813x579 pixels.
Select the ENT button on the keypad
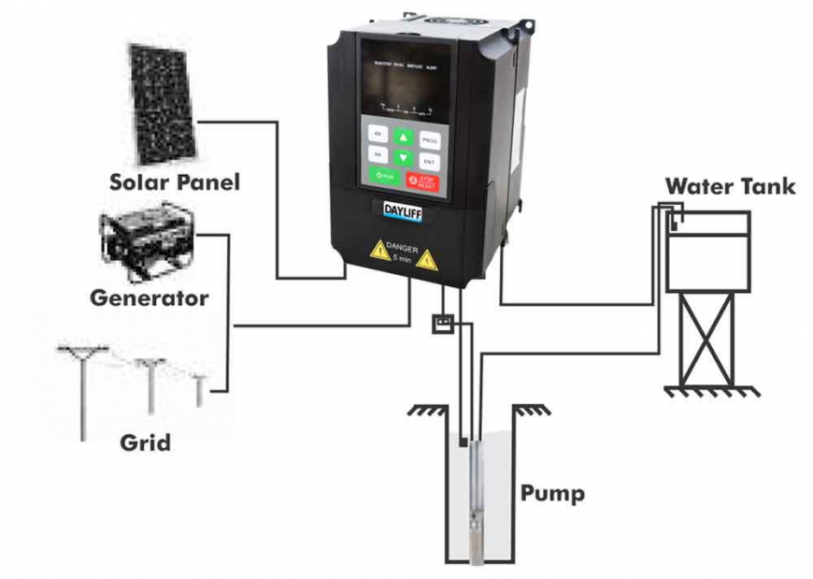click(x=429, y=161)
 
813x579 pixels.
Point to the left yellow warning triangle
click(x=379, y=250)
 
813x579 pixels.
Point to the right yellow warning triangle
click(x=427, y=259)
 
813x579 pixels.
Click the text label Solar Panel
click(x=175, y=181)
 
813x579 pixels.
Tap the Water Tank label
click(x=730, y=186)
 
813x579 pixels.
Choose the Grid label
click(x=146, y=441)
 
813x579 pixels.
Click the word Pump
click(x=552, y=493)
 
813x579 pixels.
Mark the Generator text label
click(x=150, y=299)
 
